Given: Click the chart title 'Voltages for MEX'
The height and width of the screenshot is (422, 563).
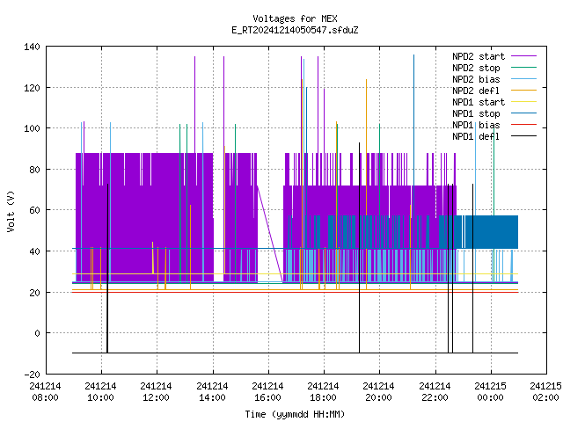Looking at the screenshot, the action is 295,18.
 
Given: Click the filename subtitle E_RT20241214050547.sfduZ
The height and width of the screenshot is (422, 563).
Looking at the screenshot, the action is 295,30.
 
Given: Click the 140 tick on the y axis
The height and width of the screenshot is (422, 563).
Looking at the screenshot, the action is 32,47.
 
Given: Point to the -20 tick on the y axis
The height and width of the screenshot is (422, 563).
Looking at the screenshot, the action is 32,375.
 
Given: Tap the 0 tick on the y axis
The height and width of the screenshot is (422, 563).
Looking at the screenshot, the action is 37,333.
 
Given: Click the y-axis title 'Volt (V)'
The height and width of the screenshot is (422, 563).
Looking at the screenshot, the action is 11,211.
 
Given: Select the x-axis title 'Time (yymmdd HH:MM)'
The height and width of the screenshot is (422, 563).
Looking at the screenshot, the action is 295,414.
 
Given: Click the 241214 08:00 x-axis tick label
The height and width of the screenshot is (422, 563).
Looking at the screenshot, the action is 45,392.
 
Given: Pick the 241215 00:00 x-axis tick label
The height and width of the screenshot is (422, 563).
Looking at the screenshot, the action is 491,392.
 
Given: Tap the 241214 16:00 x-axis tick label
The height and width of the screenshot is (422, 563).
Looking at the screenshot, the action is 267,392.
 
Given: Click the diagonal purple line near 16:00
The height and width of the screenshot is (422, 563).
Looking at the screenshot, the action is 270,234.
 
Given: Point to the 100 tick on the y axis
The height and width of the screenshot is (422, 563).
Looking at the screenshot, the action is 32,128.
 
